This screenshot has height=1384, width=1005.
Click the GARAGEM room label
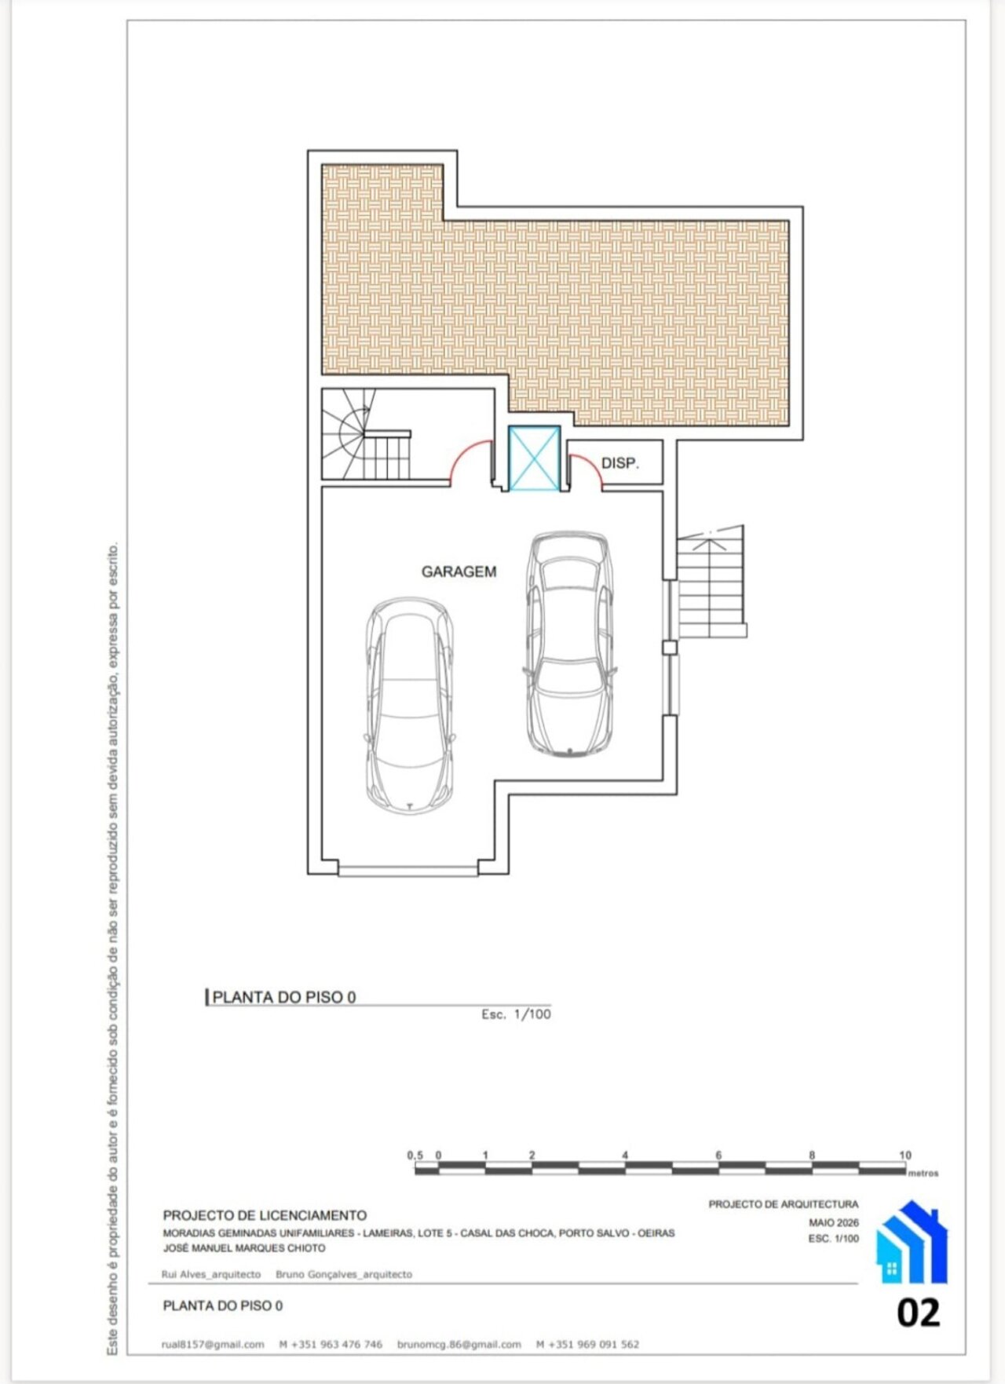click(459, 571)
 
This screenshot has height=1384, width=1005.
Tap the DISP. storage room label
click(620, 463)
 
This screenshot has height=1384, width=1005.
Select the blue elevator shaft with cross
click(535, 458)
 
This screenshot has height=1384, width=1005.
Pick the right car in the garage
click(569, 644)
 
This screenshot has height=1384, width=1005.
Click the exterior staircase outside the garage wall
click(711, 582)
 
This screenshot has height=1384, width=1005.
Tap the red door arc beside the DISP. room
click(585, 469)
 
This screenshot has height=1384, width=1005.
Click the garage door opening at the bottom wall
click(408, 869)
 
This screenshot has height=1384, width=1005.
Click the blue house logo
click(912, 1241)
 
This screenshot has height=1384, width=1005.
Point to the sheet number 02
click(919, 1313)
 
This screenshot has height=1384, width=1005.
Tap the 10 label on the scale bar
click(905, 1155)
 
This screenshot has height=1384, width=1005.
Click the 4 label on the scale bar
click(625, 1155)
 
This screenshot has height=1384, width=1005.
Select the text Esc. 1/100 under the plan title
click(516, 1014)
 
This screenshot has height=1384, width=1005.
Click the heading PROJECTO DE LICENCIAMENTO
click(265, 1215)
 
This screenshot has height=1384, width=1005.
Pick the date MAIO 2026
click(834, 1222)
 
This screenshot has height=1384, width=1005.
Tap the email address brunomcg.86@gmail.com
click(459, 1344)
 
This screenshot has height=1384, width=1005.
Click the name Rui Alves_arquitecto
click(211, 1274)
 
